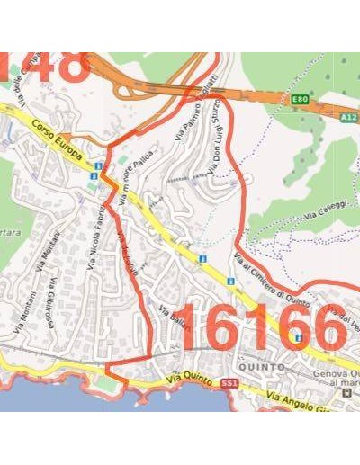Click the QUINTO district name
(262, 367)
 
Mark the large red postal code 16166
(262, 329)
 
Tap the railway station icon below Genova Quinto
(346, 393)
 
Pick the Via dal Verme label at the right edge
(342, 317)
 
